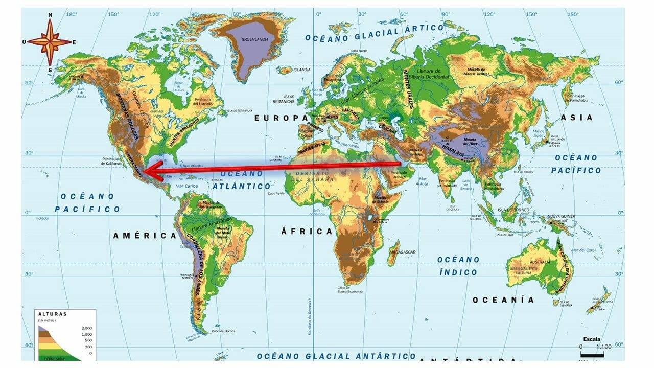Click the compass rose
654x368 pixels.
click(x=50, y=42)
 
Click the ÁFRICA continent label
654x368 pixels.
click(x=307, y=232)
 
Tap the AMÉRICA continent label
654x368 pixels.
click(x=145, y=236)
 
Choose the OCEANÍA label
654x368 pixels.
click(x=503, y=300)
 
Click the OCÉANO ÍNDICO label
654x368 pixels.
click(x=458, y=266)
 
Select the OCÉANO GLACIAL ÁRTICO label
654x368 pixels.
click(x=375, y=33)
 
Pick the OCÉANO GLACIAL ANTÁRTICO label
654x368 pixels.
click(x=336, y=356)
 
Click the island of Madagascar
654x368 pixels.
click(x=393, y=254)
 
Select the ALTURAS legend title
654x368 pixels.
click(x=53, y=314)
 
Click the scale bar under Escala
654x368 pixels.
click(x=592, y=354)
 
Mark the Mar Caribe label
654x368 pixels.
click(x=187, y=186)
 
